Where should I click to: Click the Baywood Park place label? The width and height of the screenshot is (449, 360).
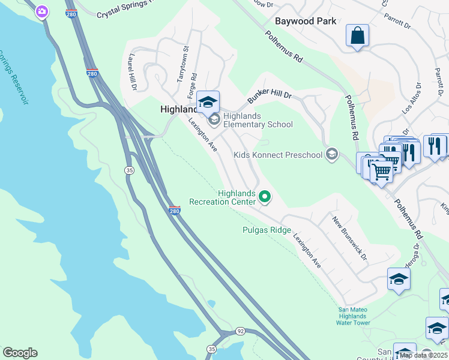(304, 21)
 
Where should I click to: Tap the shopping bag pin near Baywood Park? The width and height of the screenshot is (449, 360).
(357, 35)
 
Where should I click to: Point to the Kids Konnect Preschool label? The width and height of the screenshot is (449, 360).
(278, 155)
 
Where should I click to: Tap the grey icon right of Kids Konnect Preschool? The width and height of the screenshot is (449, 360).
(331, 155)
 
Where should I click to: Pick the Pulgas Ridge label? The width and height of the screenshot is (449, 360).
(267, 230)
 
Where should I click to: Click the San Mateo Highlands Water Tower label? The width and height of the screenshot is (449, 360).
(352, 316)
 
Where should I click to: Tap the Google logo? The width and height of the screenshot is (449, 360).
(20, 353)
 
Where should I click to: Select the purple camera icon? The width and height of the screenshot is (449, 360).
(41, 11)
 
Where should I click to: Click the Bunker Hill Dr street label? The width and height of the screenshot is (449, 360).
(270, 95)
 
